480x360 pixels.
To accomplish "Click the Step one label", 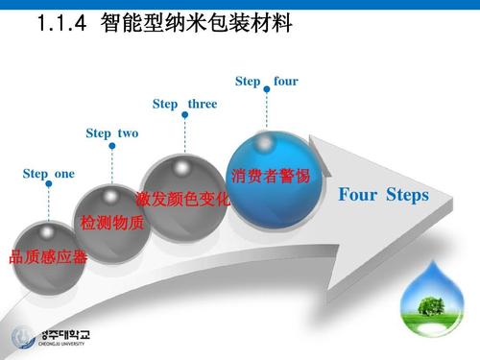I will click(x=48, y=173).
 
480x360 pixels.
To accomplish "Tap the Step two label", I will click(x=112, y=133).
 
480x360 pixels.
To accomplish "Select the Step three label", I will click(x=184, y=104).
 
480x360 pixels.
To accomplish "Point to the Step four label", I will click(x=266, y=81).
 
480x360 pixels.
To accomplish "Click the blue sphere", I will click(x=270, y=183).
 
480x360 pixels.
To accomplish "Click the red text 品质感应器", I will click(x=48, y=256).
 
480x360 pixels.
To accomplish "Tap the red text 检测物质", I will click(x=112, y=224).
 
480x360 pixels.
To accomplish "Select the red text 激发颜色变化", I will click(x=183, y=200).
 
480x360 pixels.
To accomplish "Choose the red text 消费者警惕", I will click(x=271, y=177).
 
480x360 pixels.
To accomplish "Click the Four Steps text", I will click(x=383, y=196).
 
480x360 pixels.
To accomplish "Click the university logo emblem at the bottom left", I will click(x=22, y=337).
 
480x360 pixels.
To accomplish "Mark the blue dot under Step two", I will click(x=112, y=146).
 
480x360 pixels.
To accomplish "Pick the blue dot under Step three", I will click(x=183, y=117).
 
